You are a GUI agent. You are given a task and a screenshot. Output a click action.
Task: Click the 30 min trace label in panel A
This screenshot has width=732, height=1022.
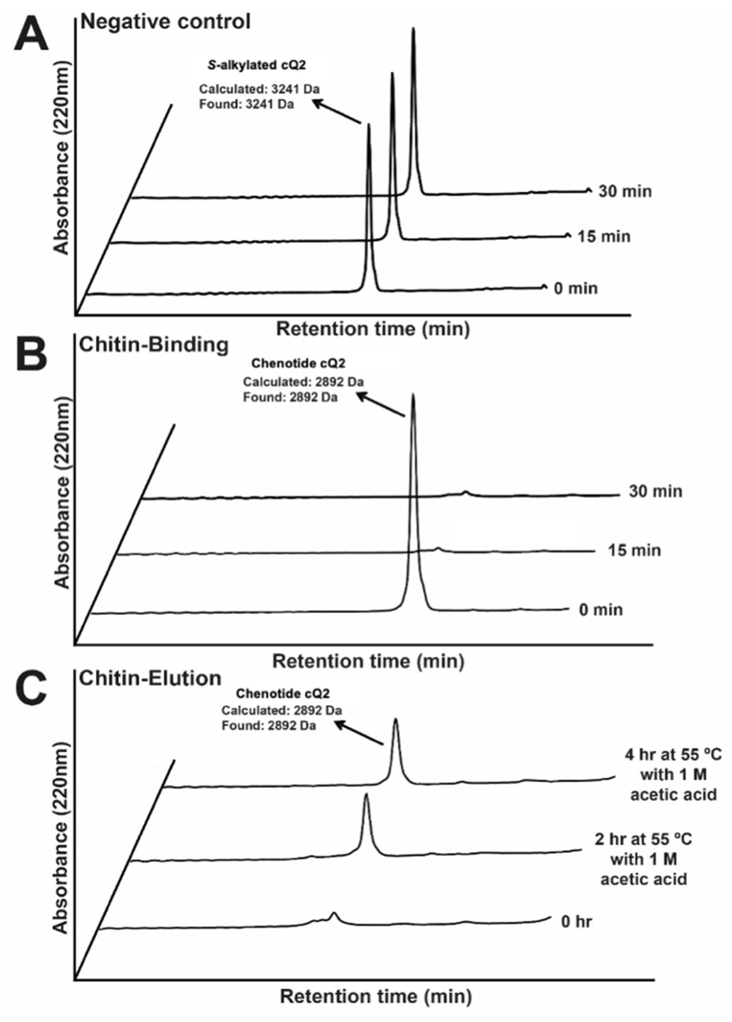coord(625,191)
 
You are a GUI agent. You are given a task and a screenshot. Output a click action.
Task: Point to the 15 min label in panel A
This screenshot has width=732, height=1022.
coord(604,236)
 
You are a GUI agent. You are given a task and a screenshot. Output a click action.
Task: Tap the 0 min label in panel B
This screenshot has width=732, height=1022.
coord(601,610)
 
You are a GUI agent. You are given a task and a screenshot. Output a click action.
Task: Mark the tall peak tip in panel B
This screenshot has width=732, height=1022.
coord(413,395)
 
